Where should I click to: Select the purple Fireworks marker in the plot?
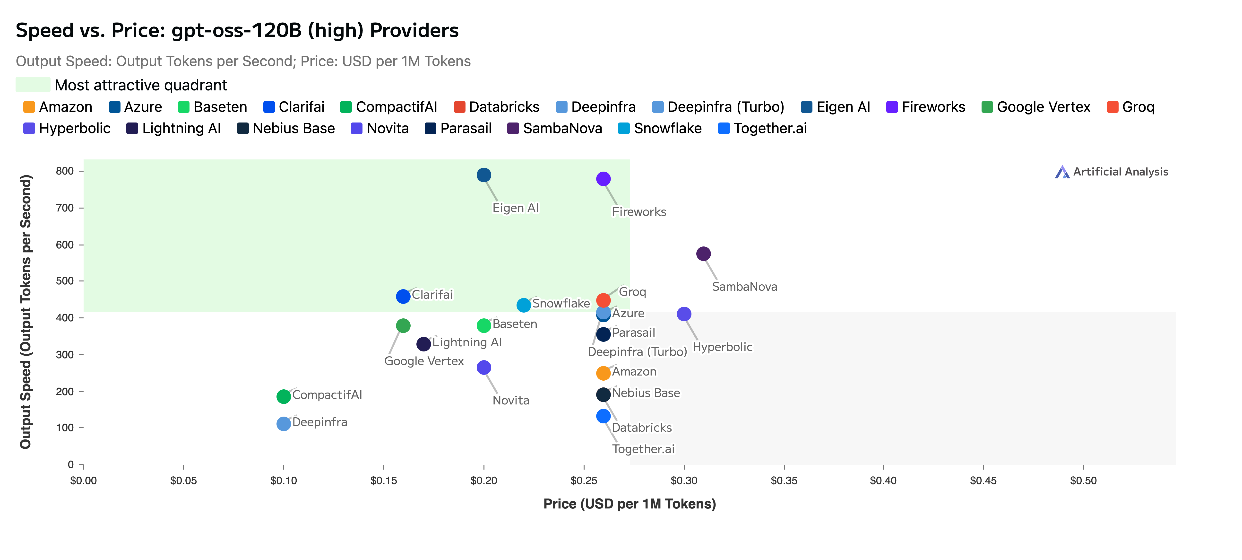coord(603,179)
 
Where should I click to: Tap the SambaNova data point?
coord(703,254)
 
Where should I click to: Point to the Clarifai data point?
coord(403,296)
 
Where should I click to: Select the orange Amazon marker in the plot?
coord(603,373)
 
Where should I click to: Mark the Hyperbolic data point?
coord(684,314)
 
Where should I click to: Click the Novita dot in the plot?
coord(483,367)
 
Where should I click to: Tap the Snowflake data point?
coord(524,305)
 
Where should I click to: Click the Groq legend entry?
coord(1131,107)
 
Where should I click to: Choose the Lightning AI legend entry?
coord(173,128)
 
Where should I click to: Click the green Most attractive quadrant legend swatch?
coord(33,85)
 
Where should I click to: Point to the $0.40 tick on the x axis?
coord(883,481)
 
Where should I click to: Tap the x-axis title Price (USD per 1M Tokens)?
coord(629,504)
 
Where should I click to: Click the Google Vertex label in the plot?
coord(424,361)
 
